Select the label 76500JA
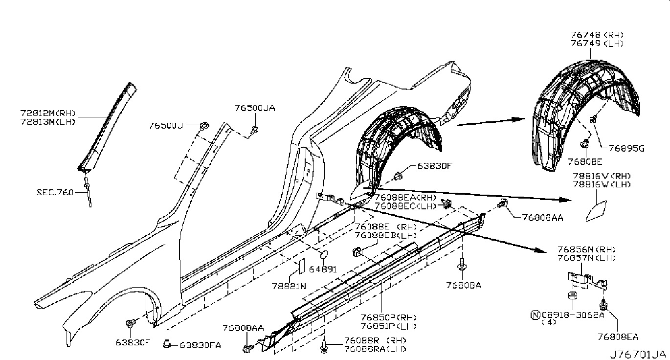pos(254,108)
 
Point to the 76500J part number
pos(166,126)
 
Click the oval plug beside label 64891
pos(323,255)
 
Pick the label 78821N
pos(289,286)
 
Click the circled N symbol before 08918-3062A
pos(536,315)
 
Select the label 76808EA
pos(618,337)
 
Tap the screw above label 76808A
pos(461,265)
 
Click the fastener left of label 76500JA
pos(255,130)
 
